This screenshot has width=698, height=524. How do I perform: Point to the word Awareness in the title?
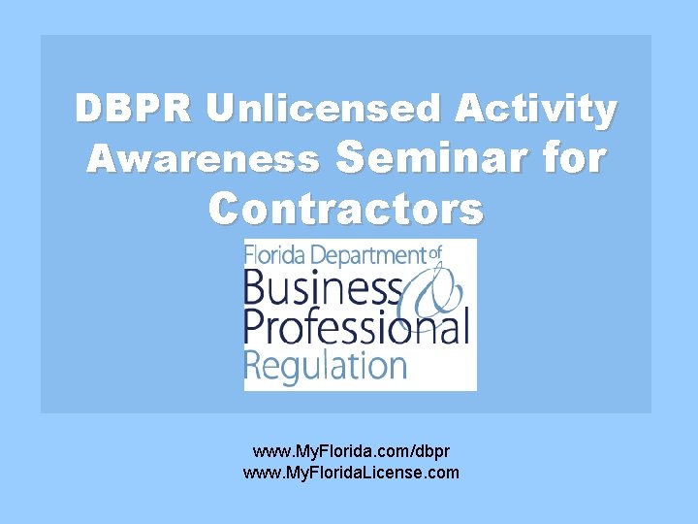click(203, 158)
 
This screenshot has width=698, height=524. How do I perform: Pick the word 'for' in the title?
click(571, 156)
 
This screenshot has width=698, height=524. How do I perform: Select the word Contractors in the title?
click(346, 207)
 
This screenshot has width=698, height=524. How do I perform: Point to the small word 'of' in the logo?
click(435, 253)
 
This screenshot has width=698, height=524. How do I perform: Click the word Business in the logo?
click(323, 289)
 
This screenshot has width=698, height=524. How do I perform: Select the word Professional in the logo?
click(356, 327)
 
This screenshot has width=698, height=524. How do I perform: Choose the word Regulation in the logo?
click(325, 366)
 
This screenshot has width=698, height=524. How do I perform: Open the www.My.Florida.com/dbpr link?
click(350, 452)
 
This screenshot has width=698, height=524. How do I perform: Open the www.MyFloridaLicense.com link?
click(350, 473)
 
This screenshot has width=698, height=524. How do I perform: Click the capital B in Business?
click(256, 289)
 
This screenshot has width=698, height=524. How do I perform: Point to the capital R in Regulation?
click(253, 365)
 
